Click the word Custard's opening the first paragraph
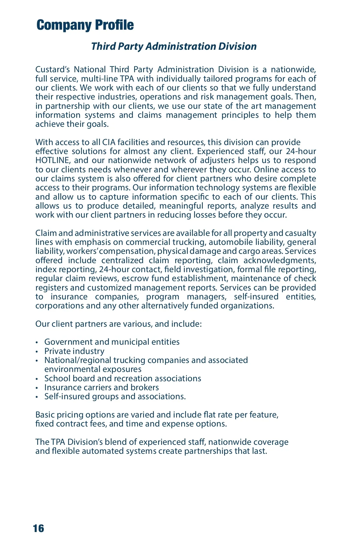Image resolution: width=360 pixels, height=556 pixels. point(52,70)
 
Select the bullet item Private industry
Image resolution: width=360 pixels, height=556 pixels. point(74,351)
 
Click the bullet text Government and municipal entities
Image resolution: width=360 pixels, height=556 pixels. point(112,342)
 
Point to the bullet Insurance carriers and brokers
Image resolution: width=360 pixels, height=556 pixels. point(101,388)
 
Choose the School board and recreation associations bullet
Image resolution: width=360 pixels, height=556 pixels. point(123,379)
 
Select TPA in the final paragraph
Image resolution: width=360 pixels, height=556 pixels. point(58,442)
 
